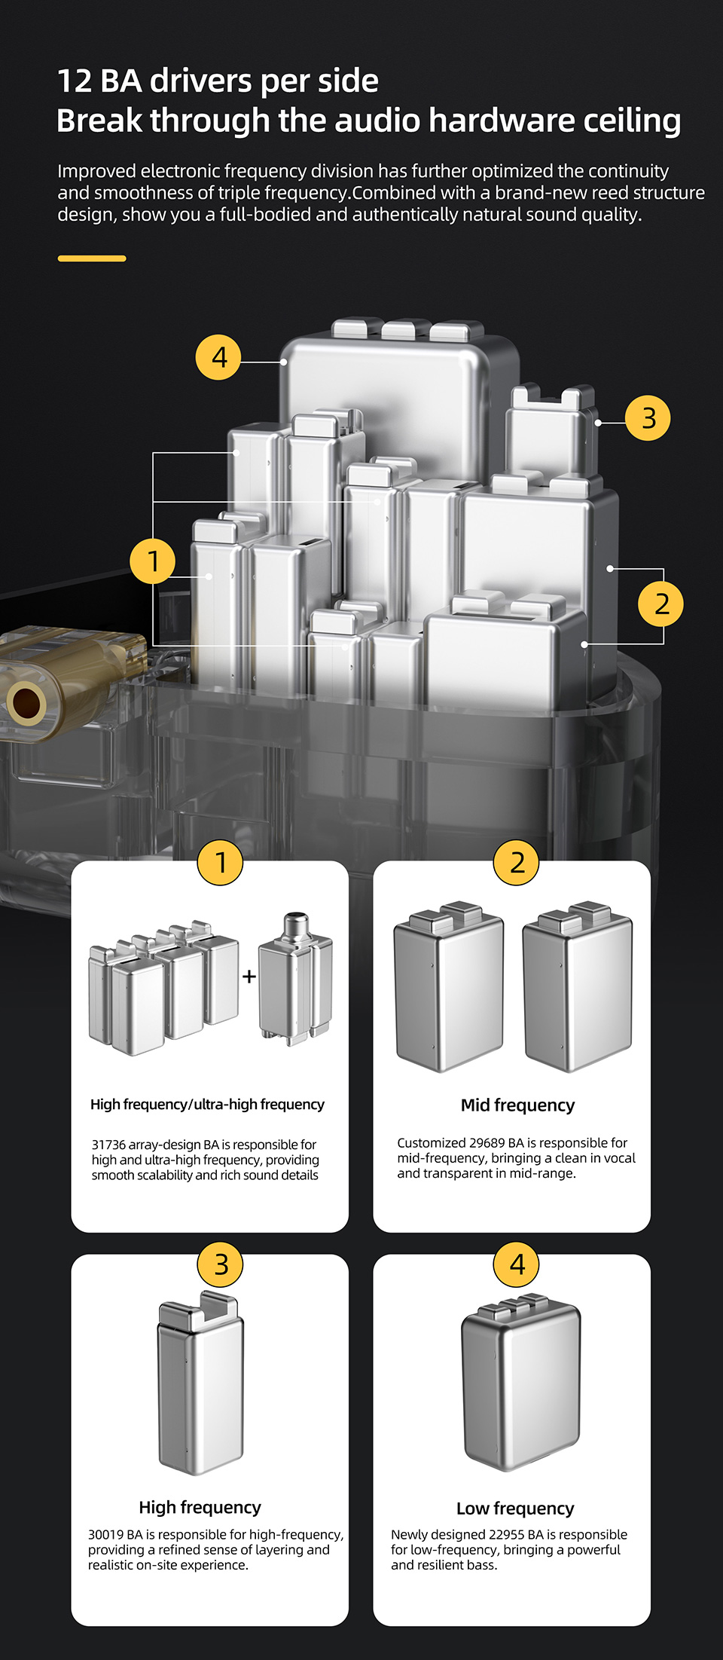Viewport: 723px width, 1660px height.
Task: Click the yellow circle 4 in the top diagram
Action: pos(218,357)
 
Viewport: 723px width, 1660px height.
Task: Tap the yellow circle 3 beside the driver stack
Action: pos(648,417)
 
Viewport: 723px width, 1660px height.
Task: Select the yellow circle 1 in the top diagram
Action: pos(153,561)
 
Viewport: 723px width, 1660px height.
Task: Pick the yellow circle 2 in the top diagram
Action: pos(660,604)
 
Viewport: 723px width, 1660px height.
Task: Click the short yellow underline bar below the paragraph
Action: pos(92,258)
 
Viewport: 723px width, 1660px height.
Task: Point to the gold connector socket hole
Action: pos(26,702)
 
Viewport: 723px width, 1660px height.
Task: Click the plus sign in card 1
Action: pos(249,977)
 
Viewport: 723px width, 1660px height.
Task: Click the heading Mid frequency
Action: pos(517,1105)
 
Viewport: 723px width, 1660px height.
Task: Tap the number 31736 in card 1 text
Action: pos(108,1145)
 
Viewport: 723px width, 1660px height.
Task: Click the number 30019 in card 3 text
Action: pos(105,1535)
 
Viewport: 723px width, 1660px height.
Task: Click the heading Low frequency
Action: pos(515,1509)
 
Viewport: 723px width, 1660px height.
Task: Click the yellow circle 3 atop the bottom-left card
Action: pos(221,1264)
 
